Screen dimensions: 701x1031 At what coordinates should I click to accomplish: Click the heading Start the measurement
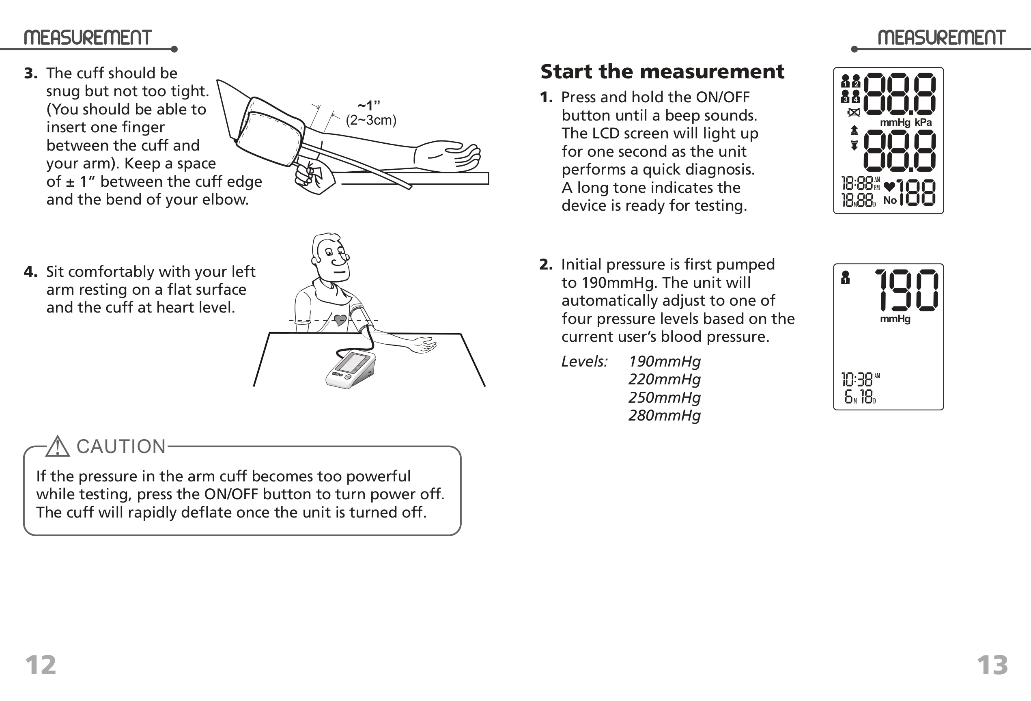(x=662, y=72)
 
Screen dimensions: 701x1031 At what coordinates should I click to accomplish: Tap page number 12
(x=41, y=664)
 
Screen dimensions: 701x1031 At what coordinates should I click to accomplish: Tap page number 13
(x=992, y=664)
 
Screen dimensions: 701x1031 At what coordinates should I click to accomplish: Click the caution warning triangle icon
(x=58, y=447)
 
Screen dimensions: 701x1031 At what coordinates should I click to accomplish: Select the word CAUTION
(x=121, y=446)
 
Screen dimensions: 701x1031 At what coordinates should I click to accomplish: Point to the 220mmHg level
(x=664, y=380)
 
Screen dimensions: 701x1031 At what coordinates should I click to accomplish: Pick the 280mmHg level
(x=664, y=415)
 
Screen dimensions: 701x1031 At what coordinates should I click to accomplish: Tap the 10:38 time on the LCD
(x=857, y=380)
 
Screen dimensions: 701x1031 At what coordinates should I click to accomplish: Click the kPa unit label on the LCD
(x=923, y=123)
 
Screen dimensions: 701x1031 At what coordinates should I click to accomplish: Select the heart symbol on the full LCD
(x=889, y=186)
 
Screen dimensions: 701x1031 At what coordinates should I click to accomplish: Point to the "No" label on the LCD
(x=890, y=200)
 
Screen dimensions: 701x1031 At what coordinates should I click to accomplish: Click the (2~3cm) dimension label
(x=371, y=120)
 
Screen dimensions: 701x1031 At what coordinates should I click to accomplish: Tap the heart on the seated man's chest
(x=340, y=319)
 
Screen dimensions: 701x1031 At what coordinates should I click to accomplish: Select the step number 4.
(x=30, y=272)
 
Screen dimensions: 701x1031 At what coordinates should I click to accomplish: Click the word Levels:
(x=584, y=361)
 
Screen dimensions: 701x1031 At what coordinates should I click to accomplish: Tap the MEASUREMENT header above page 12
(x=87, y=38)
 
